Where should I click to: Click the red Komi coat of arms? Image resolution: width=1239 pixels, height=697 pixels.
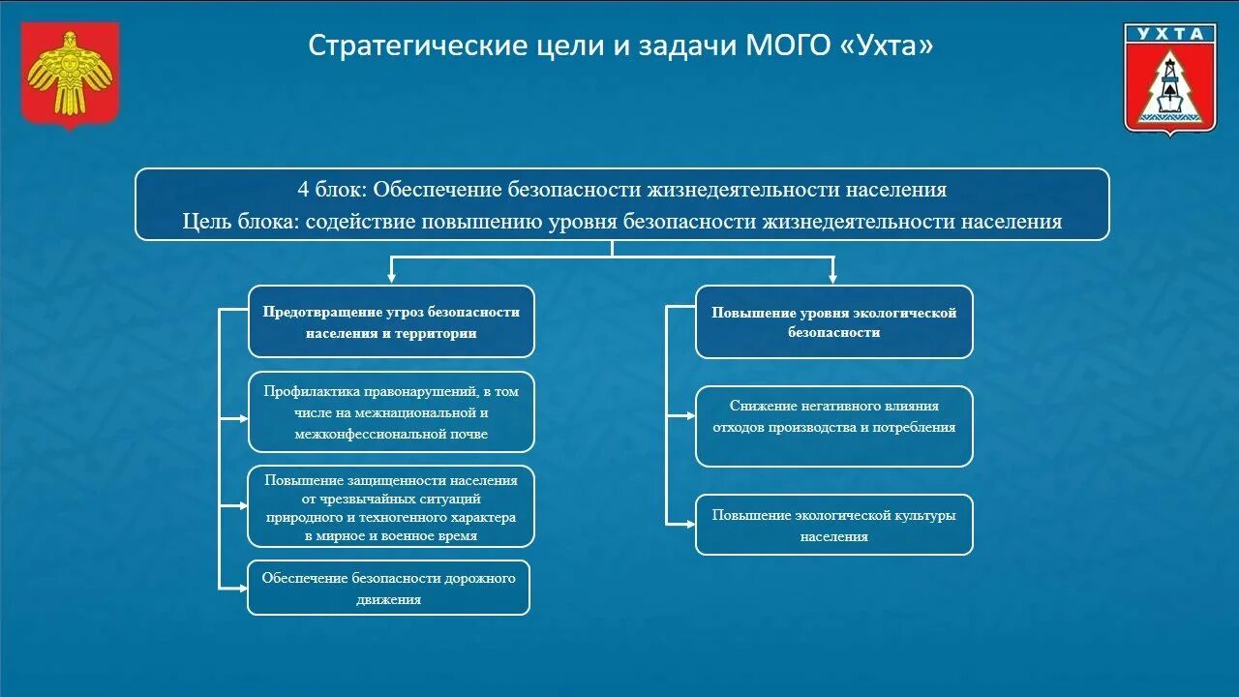point(70,76)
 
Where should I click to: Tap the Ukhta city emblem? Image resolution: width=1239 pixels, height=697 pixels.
point(1169,77)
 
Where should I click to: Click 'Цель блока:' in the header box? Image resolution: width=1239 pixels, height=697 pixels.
point(241,222)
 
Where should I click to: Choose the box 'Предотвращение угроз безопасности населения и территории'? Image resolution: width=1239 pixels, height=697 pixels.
point(391,321)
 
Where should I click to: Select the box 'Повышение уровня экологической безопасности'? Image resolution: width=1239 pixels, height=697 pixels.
point(833,321)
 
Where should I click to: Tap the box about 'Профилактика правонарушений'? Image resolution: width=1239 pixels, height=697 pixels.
point(391,412)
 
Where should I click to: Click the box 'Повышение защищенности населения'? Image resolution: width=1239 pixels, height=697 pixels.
point(391,507)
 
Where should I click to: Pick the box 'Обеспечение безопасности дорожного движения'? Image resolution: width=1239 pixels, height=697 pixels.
point(388,588)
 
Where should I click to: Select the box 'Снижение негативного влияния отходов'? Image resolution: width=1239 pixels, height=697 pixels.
point(833,426)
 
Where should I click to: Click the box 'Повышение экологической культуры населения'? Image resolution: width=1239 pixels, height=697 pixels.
point(833,525)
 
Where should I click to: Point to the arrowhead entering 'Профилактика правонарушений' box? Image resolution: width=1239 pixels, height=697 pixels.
point(242,419)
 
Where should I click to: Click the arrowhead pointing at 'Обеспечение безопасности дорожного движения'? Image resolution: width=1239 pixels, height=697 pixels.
point(241,588)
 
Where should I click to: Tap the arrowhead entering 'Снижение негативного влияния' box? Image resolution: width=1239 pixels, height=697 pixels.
point(689,415)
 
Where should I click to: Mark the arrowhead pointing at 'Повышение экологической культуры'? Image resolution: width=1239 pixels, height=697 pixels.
point(689,524)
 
